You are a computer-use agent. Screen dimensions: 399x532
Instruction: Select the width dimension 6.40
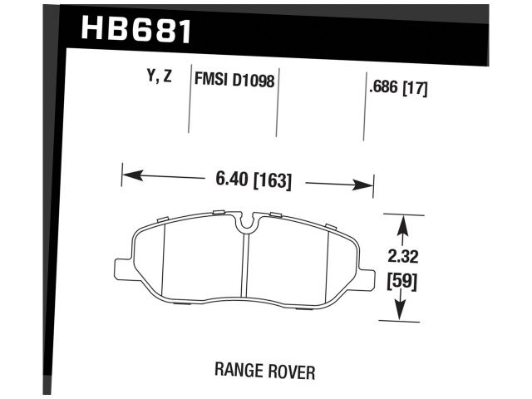[232, 179]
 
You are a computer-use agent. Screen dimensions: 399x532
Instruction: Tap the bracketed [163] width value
[273, 179]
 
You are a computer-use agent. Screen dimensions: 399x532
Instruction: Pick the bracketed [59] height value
[401, 280]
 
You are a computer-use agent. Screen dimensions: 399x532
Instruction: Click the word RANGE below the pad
[240, 371]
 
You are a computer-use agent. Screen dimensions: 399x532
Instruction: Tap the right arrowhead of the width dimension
[367, 185]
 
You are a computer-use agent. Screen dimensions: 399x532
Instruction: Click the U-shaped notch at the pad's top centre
[246, 221]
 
